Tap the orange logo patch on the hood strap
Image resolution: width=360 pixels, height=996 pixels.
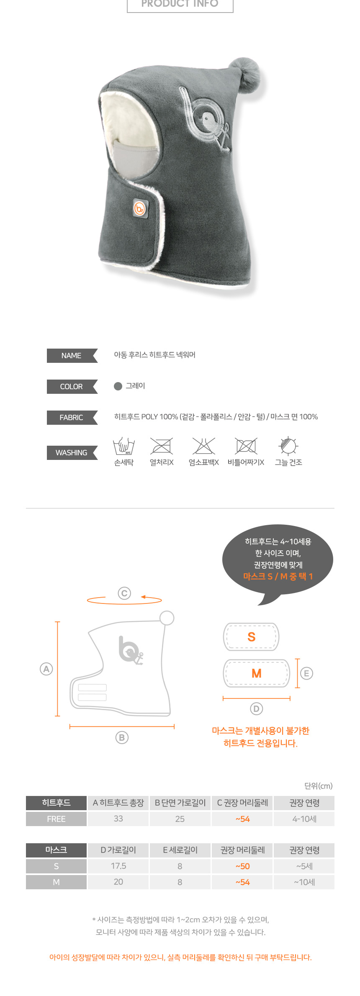coord(140,208)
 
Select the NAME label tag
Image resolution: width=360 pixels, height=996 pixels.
coord(72,356)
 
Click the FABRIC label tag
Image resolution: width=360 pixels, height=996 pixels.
coord(72,418)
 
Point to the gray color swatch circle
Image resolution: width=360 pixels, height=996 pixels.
coord(118,386)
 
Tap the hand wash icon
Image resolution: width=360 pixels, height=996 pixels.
coord(124,446)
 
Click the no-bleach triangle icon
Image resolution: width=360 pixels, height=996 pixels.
coord(204,446)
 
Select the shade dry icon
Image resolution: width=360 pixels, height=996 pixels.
coord(288,446)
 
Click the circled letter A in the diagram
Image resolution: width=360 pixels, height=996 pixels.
coord(46,669)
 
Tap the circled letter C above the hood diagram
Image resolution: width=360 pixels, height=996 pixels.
coord(124,593)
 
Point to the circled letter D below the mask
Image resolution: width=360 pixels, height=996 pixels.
coord(256,708)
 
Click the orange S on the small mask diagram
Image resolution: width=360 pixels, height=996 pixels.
coord(251,637)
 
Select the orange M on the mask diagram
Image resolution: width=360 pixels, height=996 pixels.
coord(257,673)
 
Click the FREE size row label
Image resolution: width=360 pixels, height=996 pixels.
coord(56,819)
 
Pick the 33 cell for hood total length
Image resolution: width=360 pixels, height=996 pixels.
coord(118,819)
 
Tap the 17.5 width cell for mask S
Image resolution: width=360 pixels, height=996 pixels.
coord(118,866)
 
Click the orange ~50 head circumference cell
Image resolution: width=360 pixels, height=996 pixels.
coord(243,866)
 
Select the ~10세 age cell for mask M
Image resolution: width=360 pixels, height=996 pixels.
coord(304,882)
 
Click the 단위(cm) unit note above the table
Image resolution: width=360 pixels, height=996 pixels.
coord(319,786)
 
